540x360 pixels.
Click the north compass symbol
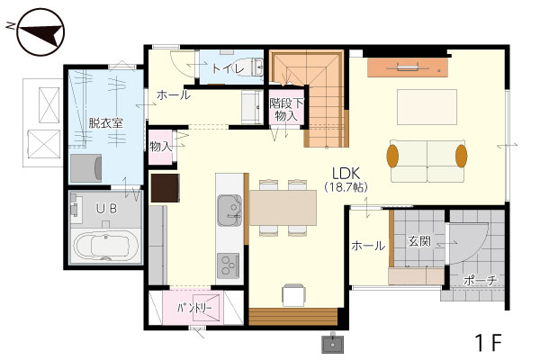tap(40, 32)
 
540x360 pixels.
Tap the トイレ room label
tap(227, 67)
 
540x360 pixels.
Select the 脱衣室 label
tap(105, 123)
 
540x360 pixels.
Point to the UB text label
tap(106, 208)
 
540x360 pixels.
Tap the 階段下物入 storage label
tap(286, 109)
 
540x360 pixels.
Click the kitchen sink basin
tap(229, 210)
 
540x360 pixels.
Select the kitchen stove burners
tap(228, 265)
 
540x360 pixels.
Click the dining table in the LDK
tap(283, 208)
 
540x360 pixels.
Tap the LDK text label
tap(346, 173)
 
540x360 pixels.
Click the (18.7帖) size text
tap(346, 187)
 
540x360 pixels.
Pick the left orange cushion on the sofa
tap(392, 156)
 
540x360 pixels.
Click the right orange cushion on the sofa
tap(461, 156)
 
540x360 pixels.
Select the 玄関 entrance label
tap(419, 241)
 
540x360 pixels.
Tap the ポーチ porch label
tap(480, 280)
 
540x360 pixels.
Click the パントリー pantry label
tap(194, 308)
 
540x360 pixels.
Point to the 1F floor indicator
tap(489, 342)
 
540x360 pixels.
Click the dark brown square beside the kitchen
tap(166, 188)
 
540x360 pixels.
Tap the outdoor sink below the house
tap(332, 344)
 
